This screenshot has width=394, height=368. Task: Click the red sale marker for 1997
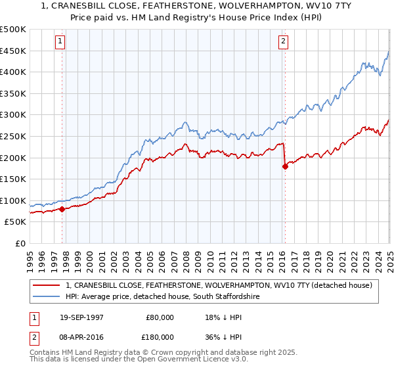[62, 209]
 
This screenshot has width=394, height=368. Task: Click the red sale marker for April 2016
[285, 166]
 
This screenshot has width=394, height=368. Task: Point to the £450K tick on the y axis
[14, 51]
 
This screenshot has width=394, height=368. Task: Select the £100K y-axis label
[14, 200]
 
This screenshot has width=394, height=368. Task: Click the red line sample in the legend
[47, 285]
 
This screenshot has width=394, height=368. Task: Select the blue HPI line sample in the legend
[47, 296]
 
